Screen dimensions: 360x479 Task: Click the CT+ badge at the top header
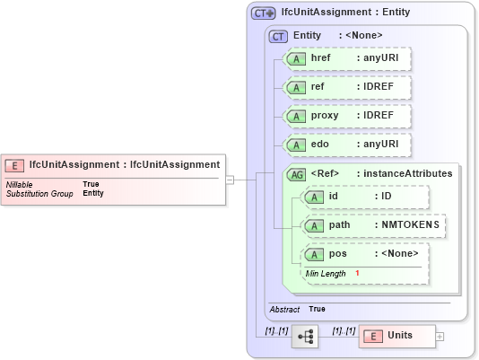click(x=263, y=13)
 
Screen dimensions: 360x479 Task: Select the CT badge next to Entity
click(x=279, y=35)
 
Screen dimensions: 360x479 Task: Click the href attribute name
click(x=320, y=58)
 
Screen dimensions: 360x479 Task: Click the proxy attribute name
click(x=326, y=116)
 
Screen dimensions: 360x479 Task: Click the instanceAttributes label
click(x=405, y=173)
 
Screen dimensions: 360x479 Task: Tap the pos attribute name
click(x=337, y=253)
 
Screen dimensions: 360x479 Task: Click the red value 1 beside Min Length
click(x=357, y=273)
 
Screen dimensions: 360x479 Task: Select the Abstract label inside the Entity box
click(x=284, y=309)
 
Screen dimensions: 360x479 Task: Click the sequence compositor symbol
click(x=304, y=337)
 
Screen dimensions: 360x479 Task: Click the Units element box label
click(x=399, y=336)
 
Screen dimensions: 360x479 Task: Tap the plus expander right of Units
click(x=439, y=337)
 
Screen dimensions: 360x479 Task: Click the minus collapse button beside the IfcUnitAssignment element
click(x=230, y=179)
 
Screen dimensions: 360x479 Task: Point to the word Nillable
click(x=20, y=184)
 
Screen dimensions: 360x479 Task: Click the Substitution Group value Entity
click(x=93, y=193)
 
